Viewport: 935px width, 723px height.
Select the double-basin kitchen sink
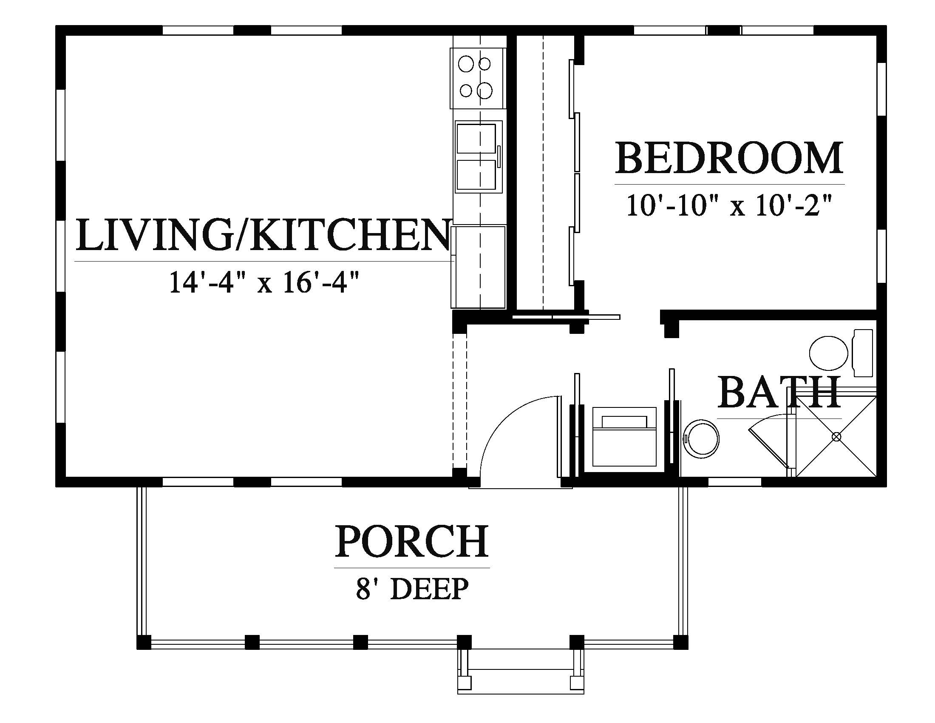pos(479,157)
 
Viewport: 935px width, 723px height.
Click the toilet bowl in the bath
pos(829,353)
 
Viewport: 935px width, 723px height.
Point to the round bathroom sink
pos(701,439)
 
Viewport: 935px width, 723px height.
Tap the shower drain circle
pos(836,437)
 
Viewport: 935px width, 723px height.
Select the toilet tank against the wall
pos(863,353)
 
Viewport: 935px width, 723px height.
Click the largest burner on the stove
pos(485,90)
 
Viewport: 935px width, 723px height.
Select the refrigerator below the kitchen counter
pos(478,267)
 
